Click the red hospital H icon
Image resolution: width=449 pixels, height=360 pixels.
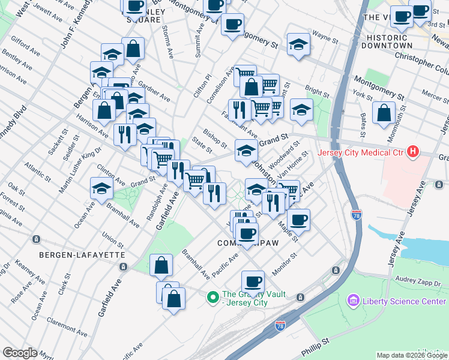[412, 152]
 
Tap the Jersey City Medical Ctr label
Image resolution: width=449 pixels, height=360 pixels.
[364, 152]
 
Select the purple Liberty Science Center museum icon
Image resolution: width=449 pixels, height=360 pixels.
[352, 301]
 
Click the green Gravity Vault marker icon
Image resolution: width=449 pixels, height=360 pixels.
[212, 297]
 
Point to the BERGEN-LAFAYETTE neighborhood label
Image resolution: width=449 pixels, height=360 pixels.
[82, 255]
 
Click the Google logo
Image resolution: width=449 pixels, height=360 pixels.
[19, 353]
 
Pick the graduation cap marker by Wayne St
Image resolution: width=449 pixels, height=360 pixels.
[298, 44]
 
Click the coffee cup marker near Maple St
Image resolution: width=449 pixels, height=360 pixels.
[298, 219]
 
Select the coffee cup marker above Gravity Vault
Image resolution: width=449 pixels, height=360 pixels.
[253, 281]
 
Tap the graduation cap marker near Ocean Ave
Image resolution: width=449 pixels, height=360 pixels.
[101, 188]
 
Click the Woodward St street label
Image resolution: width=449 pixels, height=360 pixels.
[288, 153]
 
